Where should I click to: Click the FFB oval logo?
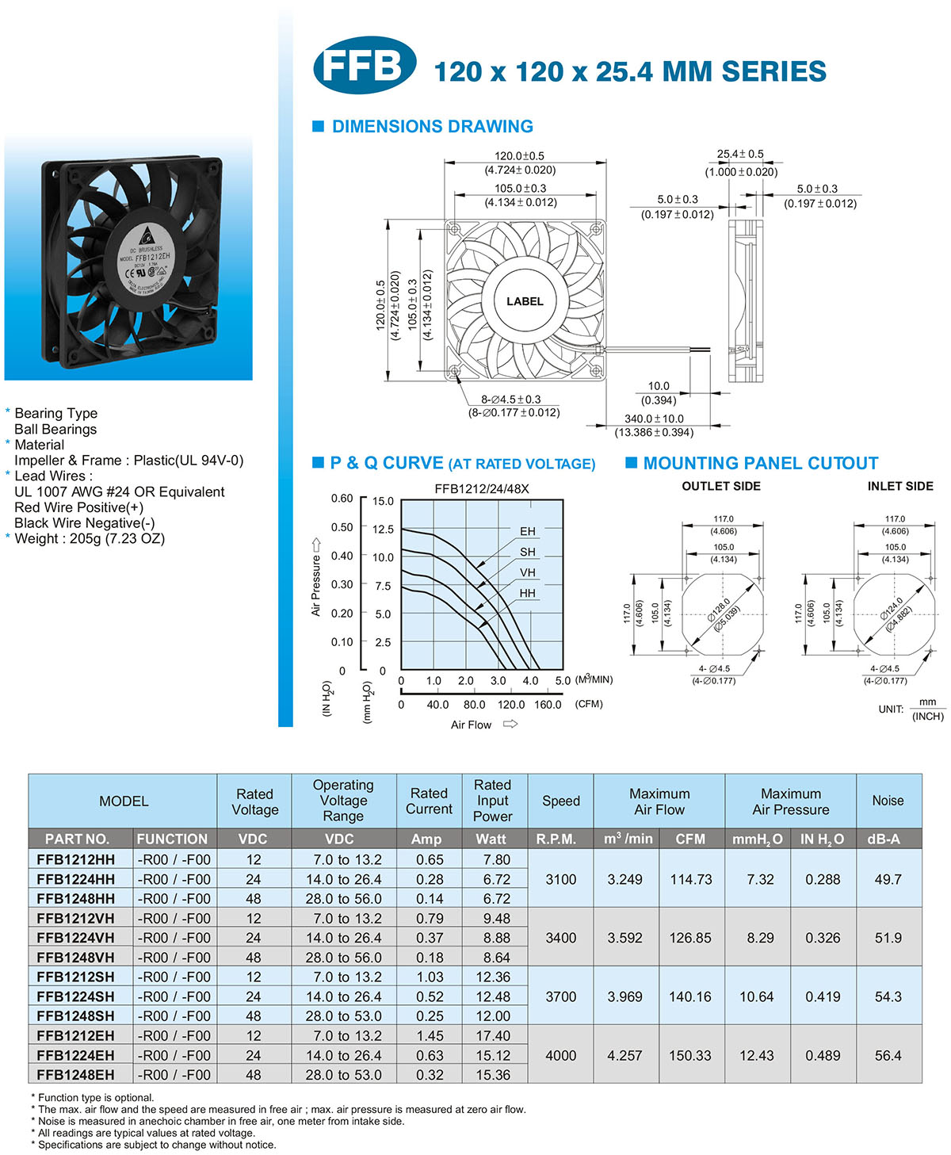pyautogui.click(x=364, y=65)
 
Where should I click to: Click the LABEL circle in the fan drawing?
pyautogui.click(x=524, y=301)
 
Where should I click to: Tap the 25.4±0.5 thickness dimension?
pyautogui.click(x=739, y=154)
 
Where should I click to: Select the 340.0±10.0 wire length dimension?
pyautogui.click(x=654, y=419)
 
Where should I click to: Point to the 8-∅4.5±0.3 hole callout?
pyautogui.click(x=510, y=399)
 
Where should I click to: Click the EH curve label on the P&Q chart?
pyautogui.click(x=527, y=531)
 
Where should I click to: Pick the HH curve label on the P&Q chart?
pyautogui.click(x=527, y=593)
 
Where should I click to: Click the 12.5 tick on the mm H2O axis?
pyautogui.click(x=383, y=530)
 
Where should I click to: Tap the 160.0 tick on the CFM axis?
pyautogui.click(x=547, y=705)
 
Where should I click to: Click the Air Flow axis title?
pyautogui.click(x=471, y=725)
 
